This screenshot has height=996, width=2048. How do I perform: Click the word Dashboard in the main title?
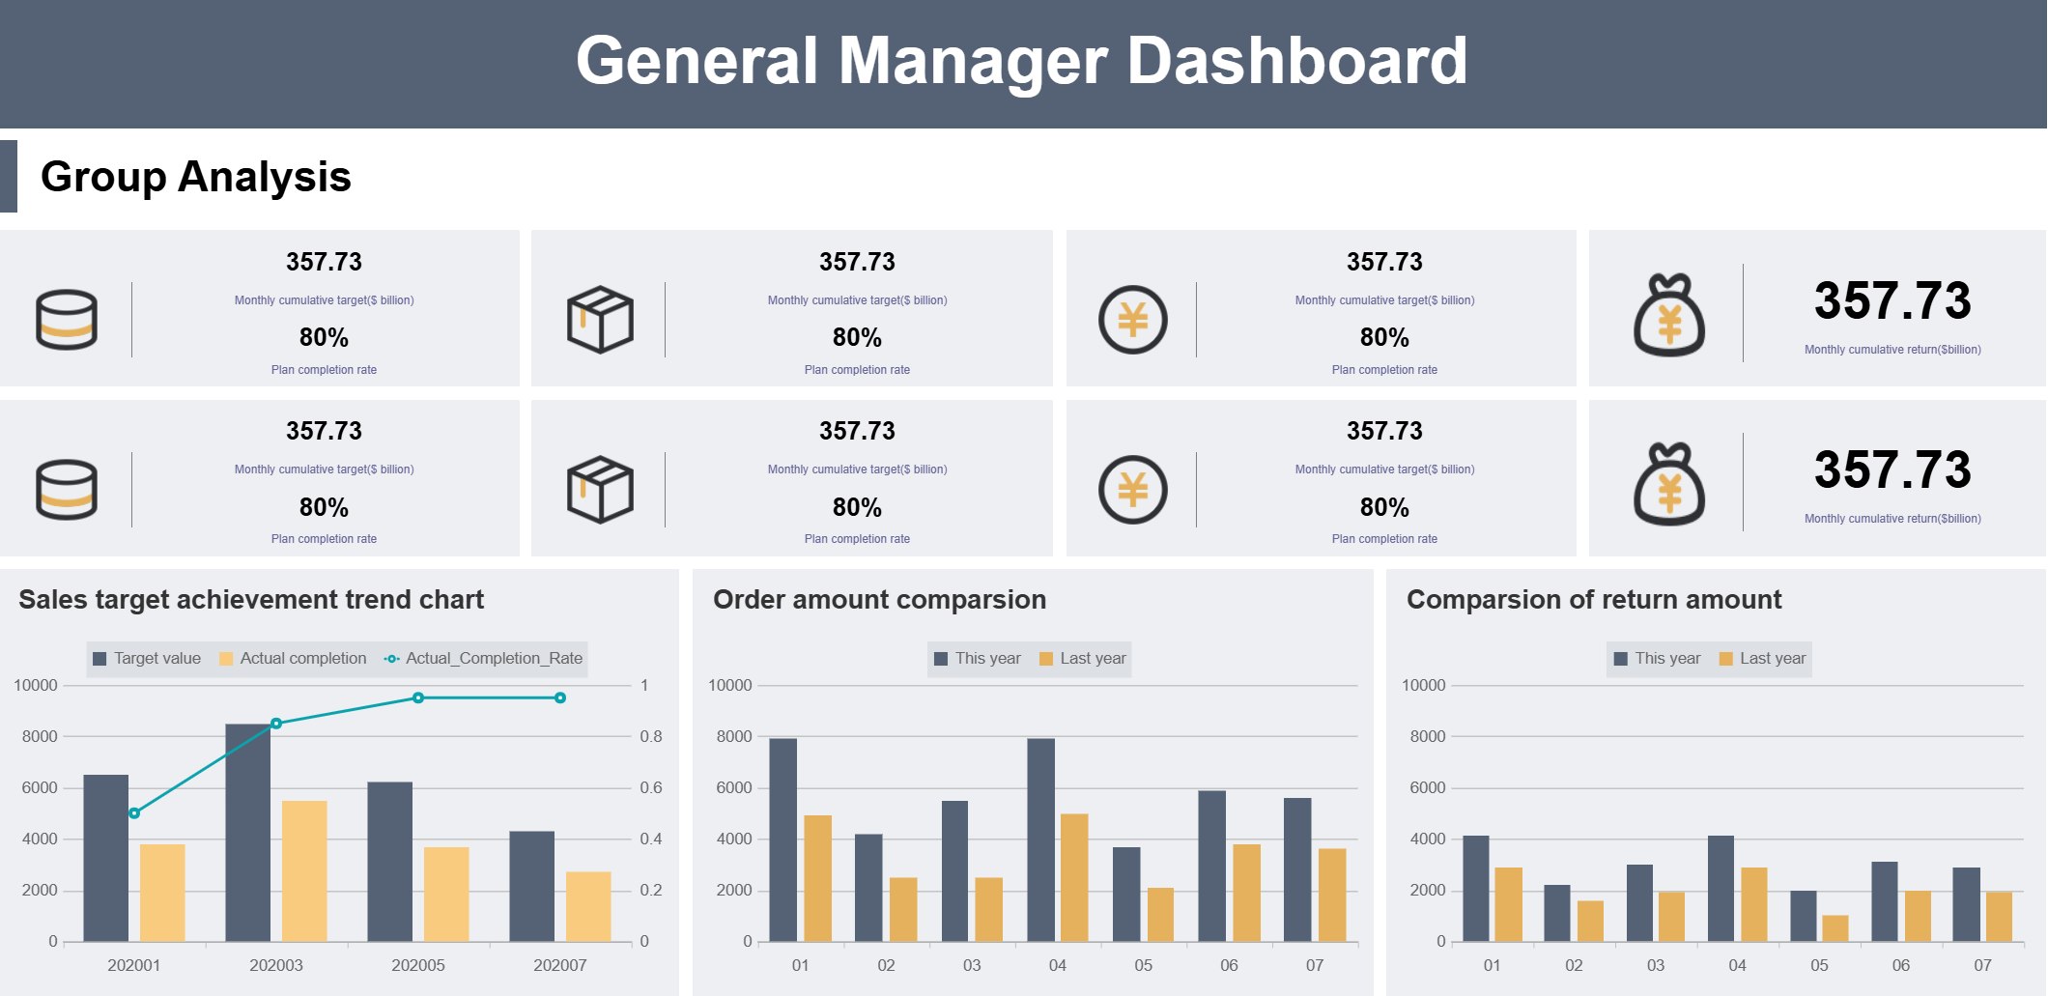pos(1296,61)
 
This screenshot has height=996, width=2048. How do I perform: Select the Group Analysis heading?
pos(195,177)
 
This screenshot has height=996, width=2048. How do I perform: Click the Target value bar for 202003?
pos(247,832)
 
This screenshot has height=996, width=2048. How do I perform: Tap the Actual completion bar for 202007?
pos(587,906)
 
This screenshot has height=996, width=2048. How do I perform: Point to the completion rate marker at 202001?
pos(134,813)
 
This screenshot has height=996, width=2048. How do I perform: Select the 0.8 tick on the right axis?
pos(650,736)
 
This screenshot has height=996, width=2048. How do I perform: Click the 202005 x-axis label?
pos(417,965)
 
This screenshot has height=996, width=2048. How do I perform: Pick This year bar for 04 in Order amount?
pos(1040,839)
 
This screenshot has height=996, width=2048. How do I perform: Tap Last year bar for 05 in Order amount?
pos(1160,914)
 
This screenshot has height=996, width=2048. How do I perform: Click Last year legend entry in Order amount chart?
pos(1083,659)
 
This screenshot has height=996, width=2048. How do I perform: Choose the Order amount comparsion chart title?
pos(879,600)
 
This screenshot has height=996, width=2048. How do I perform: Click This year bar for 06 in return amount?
pos(1884,901)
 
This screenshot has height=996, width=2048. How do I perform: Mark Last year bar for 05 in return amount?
pos(1835,928)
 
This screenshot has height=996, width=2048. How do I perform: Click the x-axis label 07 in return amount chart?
pos(1982,965)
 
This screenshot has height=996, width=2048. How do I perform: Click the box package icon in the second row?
pos(600,489)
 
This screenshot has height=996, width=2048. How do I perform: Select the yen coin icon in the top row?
pos(1132,320)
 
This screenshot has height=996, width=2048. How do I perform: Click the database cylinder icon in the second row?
pos(67,489)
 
